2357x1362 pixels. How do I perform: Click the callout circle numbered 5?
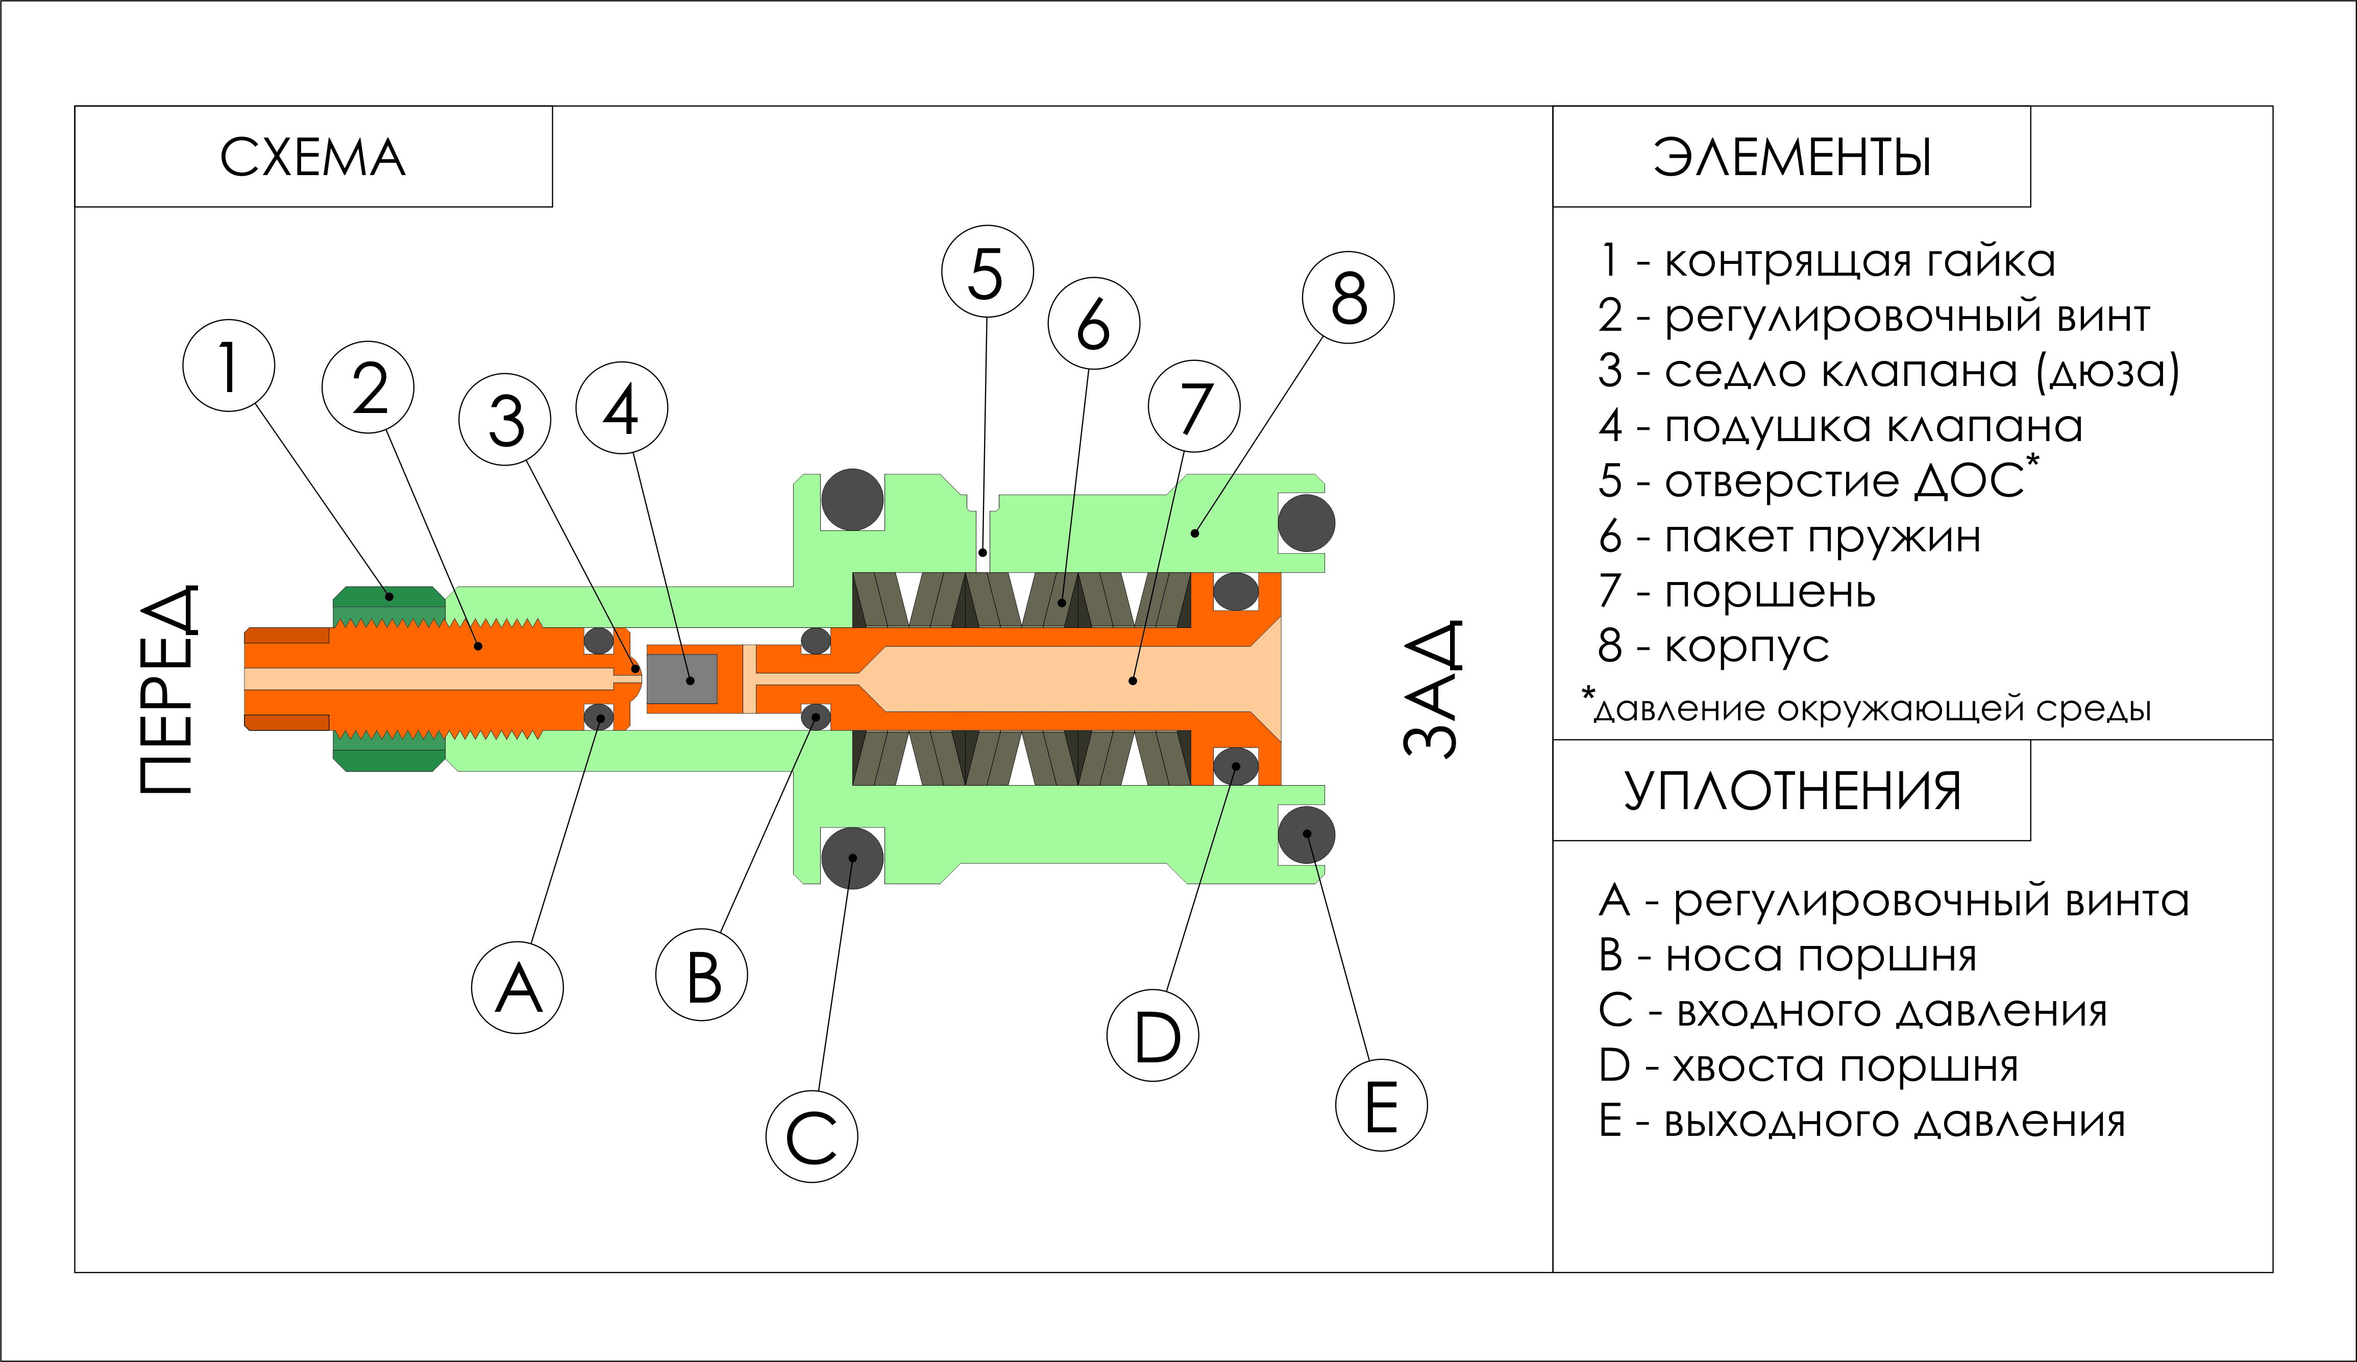click(987, 271)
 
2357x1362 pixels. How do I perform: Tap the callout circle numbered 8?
click(1348, 298)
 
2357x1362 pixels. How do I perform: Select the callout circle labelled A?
click(517, 988)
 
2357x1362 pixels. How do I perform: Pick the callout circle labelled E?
click(1381, 1105)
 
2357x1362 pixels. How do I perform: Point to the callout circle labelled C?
click(812, 1136)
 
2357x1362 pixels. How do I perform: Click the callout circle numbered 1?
click(229, 366)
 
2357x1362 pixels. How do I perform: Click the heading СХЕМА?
click(313, 157)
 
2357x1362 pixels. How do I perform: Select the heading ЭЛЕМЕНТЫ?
click(1791, 157)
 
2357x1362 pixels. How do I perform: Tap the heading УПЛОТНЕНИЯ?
click(1791, 791)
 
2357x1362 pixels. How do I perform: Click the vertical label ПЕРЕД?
click(168, 689)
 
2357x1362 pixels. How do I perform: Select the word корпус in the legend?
click(1747, 646)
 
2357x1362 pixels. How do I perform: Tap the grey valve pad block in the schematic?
click(681, 679)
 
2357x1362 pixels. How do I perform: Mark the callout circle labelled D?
click(1153, 1035)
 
